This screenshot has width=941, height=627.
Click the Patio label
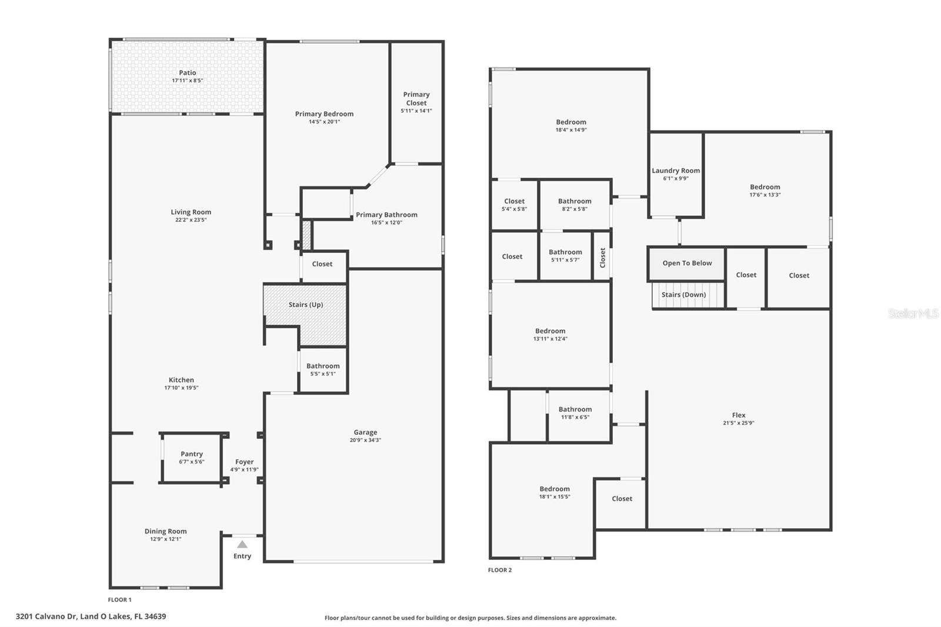click(188, 73)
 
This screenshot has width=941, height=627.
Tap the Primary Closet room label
click(416, 99)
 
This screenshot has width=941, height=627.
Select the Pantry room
click(192, 458)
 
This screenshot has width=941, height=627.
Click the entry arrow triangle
click(242, 545)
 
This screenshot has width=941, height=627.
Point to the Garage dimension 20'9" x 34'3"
click(365, 440)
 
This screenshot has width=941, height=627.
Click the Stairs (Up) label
click(306, 305)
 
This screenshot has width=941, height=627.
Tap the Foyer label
click(245, 462)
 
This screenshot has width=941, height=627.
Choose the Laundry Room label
click(676, 171)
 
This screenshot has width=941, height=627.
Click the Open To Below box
click(687, 264)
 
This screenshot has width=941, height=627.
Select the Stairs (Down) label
click(683, 295)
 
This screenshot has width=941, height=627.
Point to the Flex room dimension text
click(739, 423)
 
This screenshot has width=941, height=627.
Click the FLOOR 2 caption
click(500, 570)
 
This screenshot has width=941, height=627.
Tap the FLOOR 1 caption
click(120, 600)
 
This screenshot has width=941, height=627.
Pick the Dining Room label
click(165, 531)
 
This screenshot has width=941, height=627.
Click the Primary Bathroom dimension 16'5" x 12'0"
click(386, 223)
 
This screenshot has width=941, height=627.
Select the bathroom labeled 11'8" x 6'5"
click(575, 413)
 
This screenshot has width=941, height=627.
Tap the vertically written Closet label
click(602, 258)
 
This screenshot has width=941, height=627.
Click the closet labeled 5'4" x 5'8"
click(514, 205)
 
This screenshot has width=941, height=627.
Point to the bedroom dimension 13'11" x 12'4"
click(550, 339)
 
